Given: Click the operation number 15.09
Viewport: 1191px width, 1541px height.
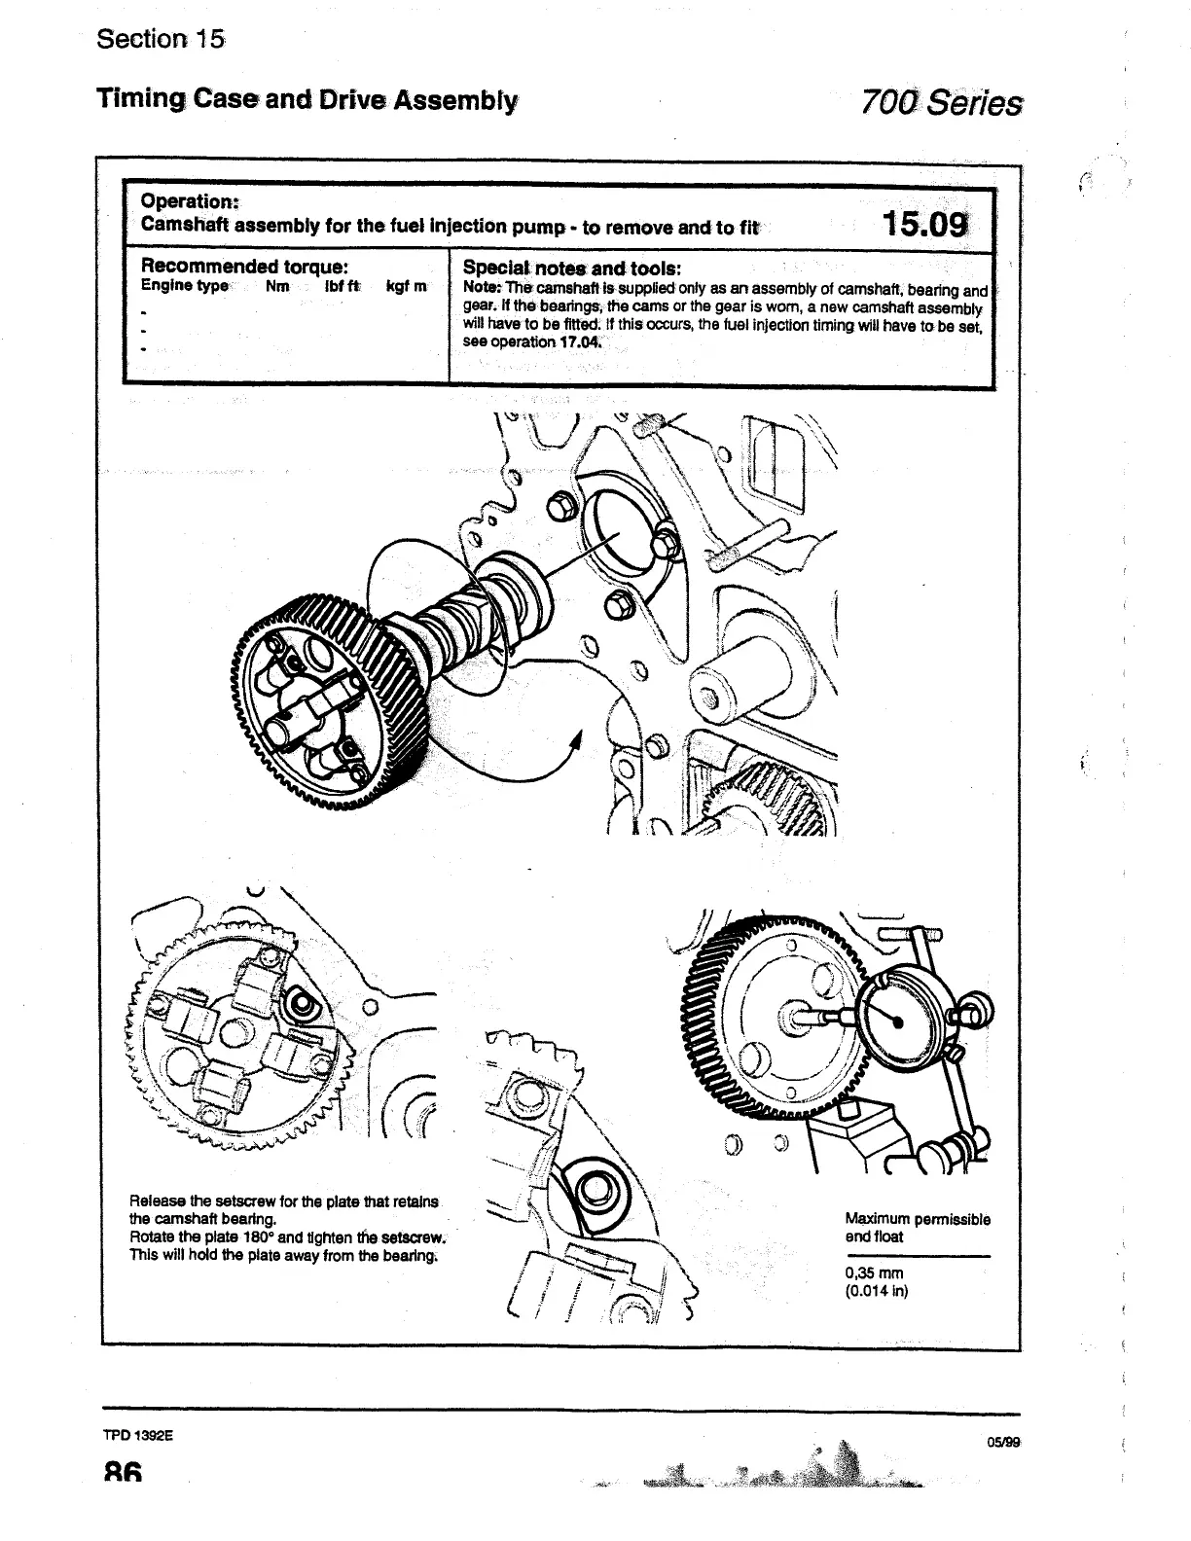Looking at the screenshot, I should (x=924, y=225).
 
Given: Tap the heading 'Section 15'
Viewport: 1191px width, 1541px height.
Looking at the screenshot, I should (x=161, y=40).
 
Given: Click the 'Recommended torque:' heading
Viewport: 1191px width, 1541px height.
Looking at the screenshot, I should (x=245, y=267).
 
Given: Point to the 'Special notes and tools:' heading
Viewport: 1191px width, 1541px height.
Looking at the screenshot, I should (x=571, y=268).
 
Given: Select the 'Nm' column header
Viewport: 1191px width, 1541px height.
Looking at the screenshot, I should (x=277, y=286).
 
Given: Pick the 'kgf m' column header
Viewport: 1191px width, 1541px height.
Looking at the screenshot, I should (x=406, y=286).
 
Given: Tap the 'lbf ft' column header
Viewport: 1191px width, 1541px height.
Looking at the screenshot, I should (x=343, y=286).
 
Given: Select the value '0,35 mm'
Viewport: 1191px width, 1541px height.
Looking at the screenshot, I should (x=874, y=1272).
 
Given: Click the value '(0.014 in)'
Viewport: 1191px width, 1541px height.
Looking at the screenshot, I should (x=876, y=1291).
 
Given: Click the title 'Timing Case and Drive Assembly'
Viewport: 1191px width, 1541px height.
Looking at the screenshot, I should (x=307, y=99).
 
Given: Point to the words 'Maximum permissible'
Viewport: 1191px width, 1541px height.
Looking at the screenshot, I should (x=917, y=1219).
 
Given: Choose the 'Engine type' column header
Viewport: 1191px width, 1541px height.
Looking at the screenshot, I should (x=185, y=286).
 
